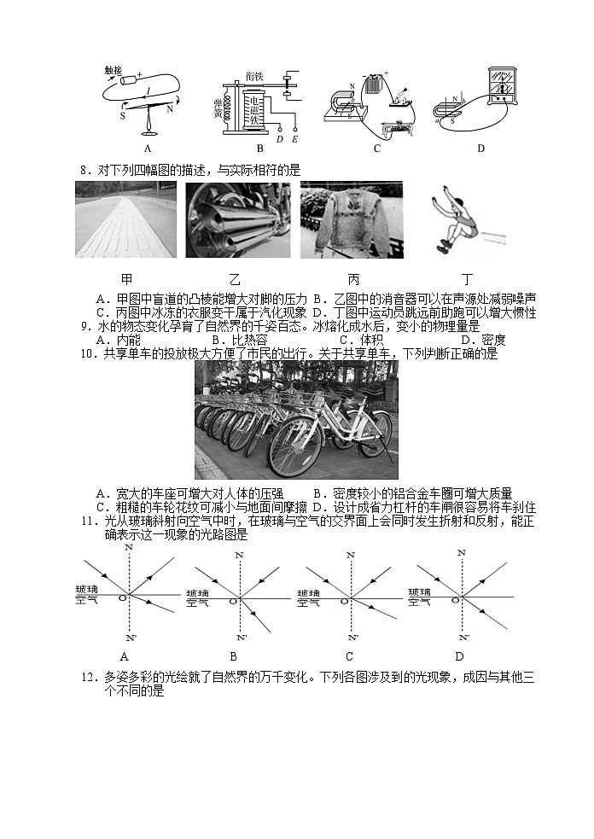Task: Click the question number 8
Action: pos(84,170)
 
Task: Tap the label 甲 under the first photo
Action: pos(126,280)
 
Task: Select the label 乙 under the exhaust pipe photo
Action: pos(236,280)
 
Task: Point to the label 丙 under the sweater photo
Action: pos(353,280)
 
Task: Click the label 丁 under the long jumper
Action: pos(467,280)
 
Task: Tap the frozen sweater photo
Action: pos(351,220)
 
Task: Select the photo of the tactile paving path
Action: pos(125,220)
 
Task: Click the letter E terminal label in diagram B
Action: pos(294,138)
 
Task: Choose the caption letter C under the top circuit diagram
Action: pos(376,149)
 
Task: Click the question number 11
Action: pos(87,521)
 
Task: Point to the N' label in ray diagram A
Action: pos(131,638)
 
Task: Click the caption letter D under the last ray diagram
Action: pos(459,656)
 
